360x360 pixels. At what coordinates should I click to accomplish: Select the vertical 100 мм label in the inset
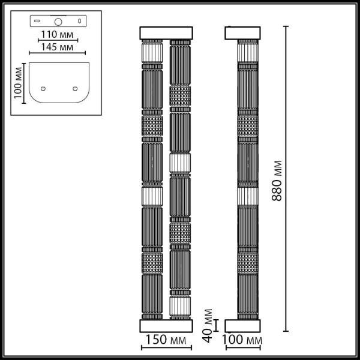tap(18, 83)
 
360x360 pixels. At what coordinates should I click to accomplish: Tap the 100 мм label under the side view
tap(242, 341)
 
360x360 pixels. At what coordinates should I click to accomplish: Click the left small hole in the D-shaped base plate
tap(42, 88)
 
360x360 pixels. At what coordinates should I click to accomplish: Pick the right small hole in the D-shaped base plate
tap(75, 88)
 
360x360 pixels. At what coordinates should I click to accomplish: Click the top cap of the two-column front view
tap(166, 32)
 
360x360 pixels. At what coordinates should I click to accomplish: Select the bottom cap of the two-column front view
tap(166, 326)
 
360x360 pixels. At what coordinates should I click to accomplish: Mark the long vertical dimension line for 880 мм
tap(286, 180)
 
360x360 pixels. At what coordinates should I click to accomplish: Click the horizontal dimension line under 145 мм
tap(58, 53)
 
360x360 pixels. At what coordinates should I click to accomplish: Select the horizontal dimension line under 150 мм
tap(166, 347)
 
